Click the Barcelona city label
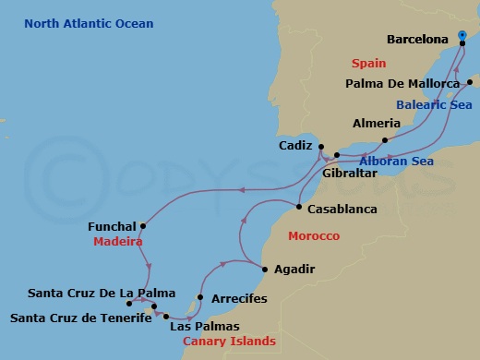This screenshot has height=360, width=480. (x=416, y=40)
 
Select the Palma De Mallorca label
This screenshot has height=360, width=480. (x=402, y=84)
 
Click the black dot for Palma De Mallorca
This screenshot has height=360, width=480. (x=469, y=83)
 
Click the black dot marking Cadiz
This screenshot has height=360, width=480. (x=320, y=147)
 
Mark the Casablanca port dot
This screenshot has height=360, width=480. (x=300, y=207)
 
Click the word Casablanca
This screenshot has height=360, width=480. (x=342, y=210)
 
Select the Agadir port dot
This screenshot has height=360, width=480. (x=266, y=270)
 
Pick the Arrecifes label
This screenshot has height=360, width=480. (x=239, y=298)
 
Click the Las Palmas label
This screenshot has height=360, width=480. (x=205, y=326)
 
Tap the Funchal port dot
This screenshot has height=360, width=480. (x=144, y=225)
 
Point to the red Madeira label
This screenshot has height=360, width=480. (x=117, y=242)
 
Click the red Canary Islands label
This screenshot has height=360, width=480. (x=229, y=342)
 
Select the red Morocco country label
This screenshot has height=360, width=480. (x=314, y=236)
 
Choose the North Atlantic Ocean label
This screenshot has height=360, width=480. (x=90, y=23)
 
